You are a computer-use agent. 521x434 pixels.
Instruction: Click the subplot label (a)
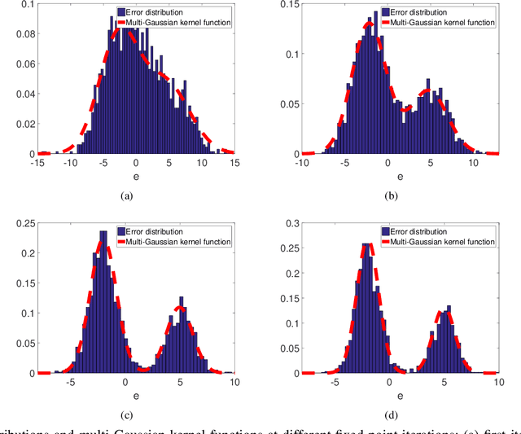tap(125, 196)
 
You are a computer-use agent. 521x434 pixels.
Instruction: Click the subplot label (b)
tap(395, 196)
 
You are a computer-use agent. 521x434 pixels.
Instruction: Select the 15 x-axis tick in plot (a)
tap(234, 163)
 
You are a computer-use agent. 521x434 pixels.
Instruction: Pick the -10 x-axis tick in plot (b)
tap(304, 163)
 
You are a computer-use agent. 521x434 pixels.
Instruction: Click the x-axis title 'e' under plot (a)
tap(135, 175)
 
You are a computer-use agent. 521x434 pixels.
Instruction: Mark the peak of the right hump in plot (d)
tap(444, 312)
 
